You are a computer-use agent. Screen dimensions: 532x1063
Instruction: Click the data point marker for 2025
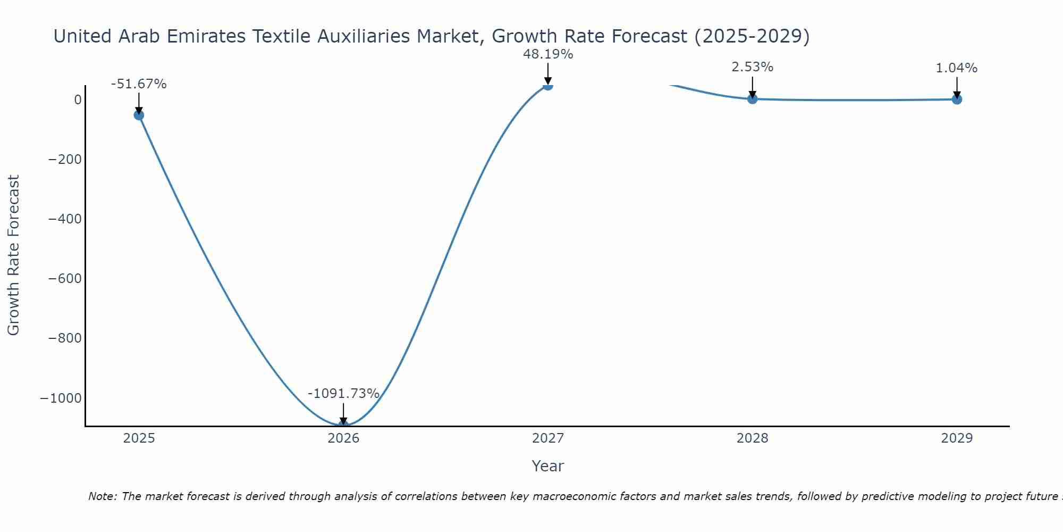139,115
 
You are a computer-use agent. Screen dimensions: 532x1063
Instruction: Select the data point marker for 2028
752,98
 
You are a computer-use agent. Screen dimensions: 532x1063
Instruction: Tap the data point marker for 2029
957,99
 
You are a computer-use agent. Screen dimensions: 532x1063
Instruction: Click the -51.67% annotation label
139,84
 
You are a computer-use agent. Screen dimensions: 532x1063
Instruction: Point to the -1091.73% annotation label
343,394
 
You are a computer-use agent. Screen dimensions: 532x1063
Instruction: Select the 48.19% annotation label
548,54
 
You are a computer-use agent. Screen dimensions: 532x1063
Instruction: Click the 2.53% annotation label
752,67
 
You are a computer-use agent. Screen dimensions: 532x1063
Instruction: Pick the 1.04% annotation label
956,68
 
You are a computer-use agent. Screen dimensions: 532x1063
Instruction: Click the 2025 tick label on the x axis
139,438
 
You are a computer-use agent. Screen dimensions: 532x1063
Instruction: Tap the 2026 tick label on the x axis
343,438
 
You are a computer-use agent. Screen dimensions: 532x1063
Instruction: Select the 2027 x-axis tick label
548,438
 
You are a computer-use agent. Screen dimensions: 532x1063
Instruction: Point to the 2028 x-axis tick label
752,438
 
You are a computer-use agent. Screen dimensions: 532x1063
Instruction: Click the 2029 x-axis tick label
957,438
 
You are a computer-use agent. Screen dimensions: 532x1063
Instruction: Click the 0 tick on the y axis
78,100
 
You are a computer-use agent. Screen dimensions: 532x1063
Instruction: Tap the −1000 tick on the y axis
60,398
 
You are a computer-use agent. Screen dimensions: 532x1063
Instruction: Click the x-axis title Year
547,466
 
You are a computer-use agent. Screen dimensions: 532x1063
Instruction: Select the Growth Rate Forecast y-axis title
13,255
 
